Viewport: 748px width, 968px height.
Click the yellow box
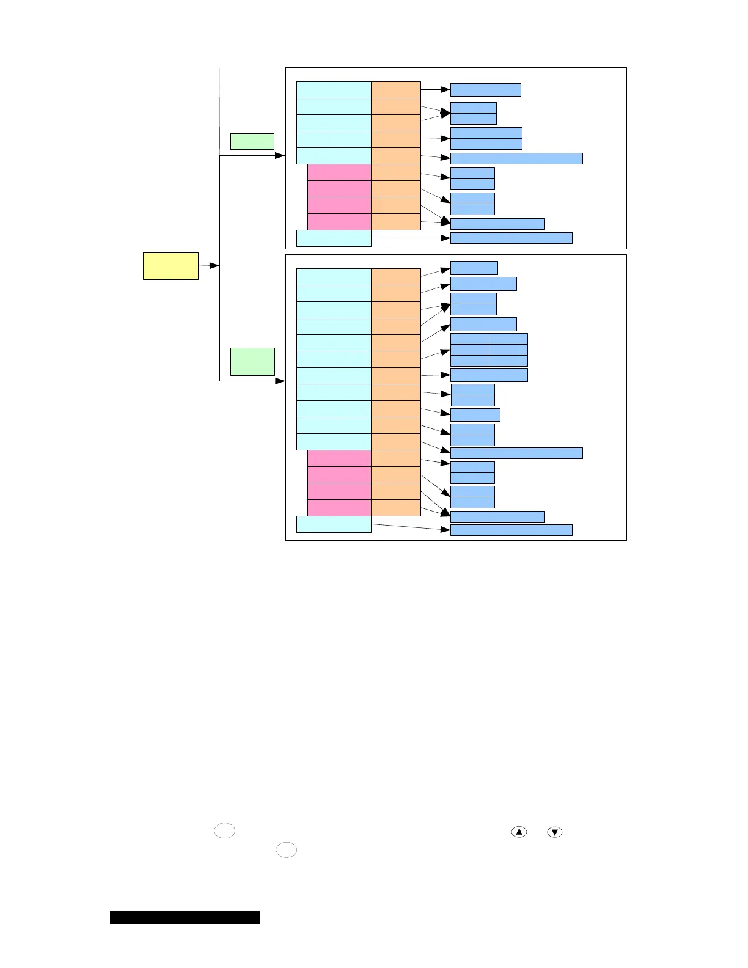coord(170,266)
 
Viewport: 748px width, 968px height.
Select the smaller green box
coord(252,141)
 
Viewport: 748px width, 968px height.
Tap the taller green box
coord(252,361)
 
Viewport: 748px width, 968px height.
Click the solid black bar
coord(185,917)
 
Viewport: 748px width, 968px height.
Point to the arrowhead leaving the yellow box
coord(215,266)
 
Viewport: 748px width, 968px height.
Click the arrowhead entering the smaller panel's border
coord(280,156)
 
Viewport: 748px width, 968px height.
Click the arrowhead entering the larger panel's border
coord(280,381)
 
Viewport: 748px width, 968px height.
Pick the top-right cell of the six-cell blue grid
coord(508,339)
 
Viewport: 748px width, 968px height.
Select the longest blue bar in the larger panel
coord(516,453)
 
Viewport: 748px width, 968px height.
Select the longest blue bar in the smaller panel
coord(516,158)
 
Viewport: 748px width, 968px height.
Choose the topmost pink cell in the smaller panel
coord(339,172)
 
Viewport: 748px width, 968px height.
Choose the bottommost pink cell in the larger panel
coord(339,507)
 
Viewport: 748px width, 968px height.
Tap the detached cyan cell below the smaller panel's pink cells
coord(334,238)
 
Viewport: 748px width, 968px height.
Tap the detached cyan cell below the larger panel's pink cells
coord(334,524)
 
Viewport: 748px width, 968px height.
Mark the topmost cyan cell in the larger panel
coord(334,276)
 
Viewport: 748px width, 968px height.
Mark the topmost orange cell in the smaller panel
coord(395,89)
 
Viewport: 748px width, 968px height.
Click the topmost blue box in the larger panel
coord(474,268)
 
